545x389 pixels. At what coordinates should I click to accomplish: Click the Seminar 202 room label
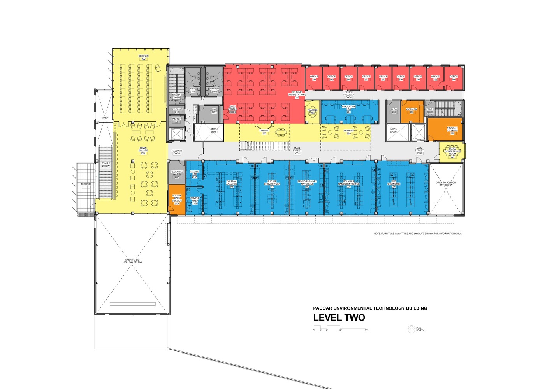(x=143, y=58)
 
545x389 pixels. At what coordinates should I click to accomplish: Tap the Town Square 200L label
(x=143, y=151)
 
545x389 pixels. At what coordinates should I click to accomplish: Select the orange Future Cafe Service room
(x=177, y=199)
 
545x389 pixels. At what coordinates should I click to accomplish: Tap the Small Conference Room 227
(x=452, y=151)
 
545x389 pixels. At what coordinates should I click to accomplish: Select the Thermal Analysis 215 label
(x=231, y=184)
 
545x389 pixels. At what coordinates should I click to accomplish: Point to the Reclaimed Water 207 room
(x=177, y=175)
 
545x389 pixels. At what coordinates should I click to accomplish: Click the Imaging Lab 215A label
(x=194, y=173)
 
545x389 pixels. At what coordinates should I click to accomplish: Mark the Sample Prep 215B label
(x=195, y=200)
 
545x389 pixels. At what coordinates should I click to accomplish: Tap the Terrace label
(x=86, y=184)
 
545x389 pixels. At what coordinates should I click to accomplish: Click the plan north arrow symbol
(x=411, y=329)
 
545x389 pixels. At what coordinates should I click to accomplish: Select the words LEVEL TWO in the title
(x=339, y=317)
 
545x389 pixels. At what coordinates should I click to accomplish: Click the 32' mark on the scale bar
(x=366, y=331)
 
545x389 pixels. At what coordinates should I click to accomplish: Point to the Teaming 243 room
(x=312, y=112)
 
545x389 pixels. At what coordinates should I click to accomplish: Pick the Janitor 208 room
(x=176, y=121)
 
